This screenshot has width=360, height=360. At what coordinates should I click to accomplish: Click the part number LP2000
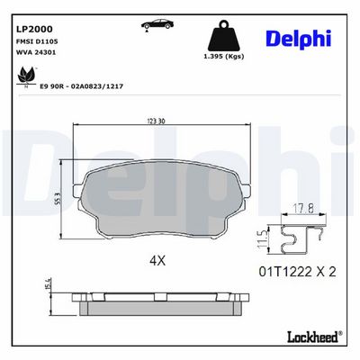[x=33, y=29]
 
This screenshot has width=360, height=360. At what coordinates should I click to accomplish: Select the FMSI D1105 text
[x=36, y=41]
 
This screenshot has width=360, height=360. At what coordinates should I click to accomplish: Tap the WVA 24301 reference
[x=35, y=52]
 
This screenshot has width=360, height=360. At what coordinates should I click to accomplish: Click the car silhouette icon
[x=157, y=24]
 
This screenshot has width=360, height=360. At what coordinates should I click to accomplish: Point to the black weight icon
[x=223, y=36]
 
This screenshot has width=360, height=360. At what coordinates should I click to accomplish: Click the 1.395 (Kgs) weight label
[x=224, y=57]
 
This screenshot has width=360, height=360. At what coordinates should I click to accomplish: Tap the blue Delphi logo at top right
[x=299, y=40]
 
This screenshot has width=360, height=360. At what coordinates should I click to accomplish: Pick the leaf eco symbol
[x=26, y=76]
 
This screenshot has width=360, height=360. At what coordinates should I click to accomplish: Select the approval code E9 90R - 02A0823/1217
[x=82, y=86]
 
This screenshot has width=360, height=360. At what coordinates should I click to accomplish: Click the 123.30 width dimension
[x=156, y=121]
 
